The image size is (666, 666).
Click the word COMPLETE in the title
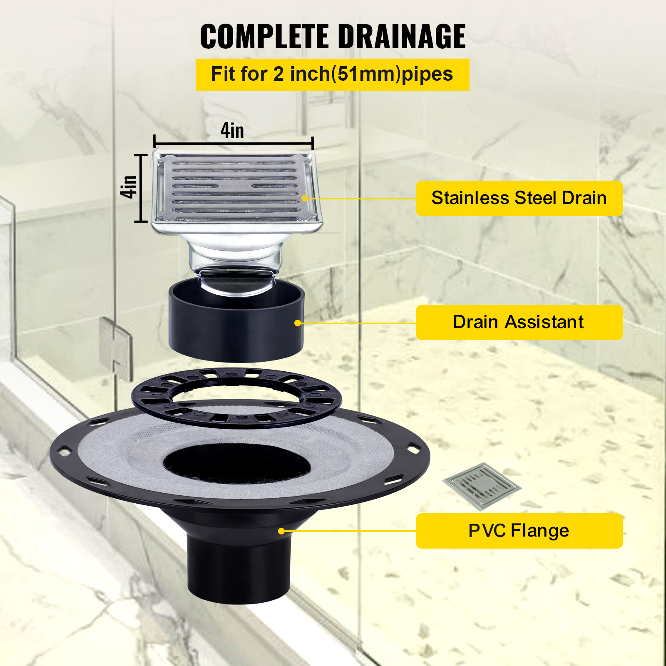pyautogui.click(x=264, y=37)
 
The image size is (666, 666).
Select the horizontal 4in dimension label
pyautogui.click(x=232, y=131)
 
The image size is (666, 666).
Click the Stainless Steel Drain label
pyautogui.click(x=519, y=198)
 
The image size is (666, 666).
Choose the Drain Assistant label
pyautogui.click(x=519, y=322)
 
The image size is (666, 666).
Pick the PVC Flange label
pyautogui.click(x=519, y=531)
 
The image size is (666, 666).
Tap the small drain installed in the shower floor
pyautogui.click(x=482, y=486)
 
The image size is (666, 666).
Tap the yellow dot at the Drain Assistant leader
pyautogui.click(x=298, y=323)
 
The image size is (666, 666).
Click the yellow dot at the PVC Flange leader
pyautogui.click(x=281, y=531)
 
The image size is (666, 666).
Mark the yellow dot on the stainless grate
pyautogui.click(x=305, y=198)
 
